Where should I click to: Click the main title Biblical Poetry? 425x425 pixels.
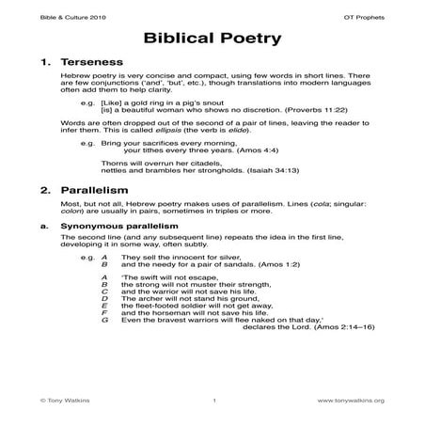pyautogui.click(x=212, y=40)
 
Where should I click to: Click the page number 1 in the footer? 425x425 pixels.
pyautogui.click(x=215, y=400)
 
